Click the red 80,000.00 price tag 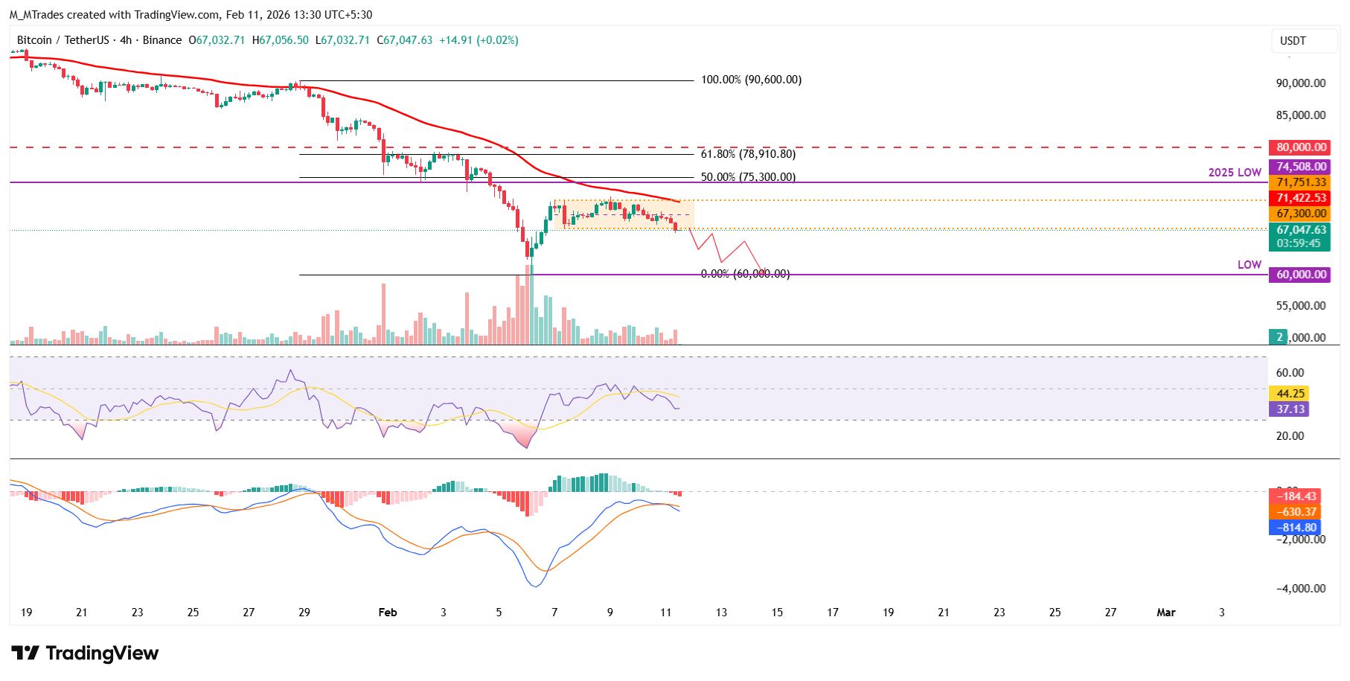click(x=1301, y=147)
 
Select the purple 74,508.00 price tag click(x=1301, y=167)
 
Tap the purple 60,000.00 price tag click(x=1301, y=275)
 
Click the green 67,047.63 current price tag click(x=1301, y=230)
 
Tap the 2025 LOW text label click(x=1235, y=173)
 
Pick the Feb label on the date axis click(x=388, y=613)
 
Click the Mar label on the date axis click(x=1165, y=613)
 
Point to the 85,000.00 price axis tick click(x=1301, y=115)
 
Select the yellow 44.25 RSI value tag click(x=1290, y=394)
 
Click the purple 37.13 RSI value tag click(x=1290, y=409)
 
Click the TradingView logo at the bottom click(x=85, y=653)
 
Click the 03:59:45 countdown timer click(x=1298, y=243)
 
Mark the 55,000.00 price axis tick click(x=1301, y=306)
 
